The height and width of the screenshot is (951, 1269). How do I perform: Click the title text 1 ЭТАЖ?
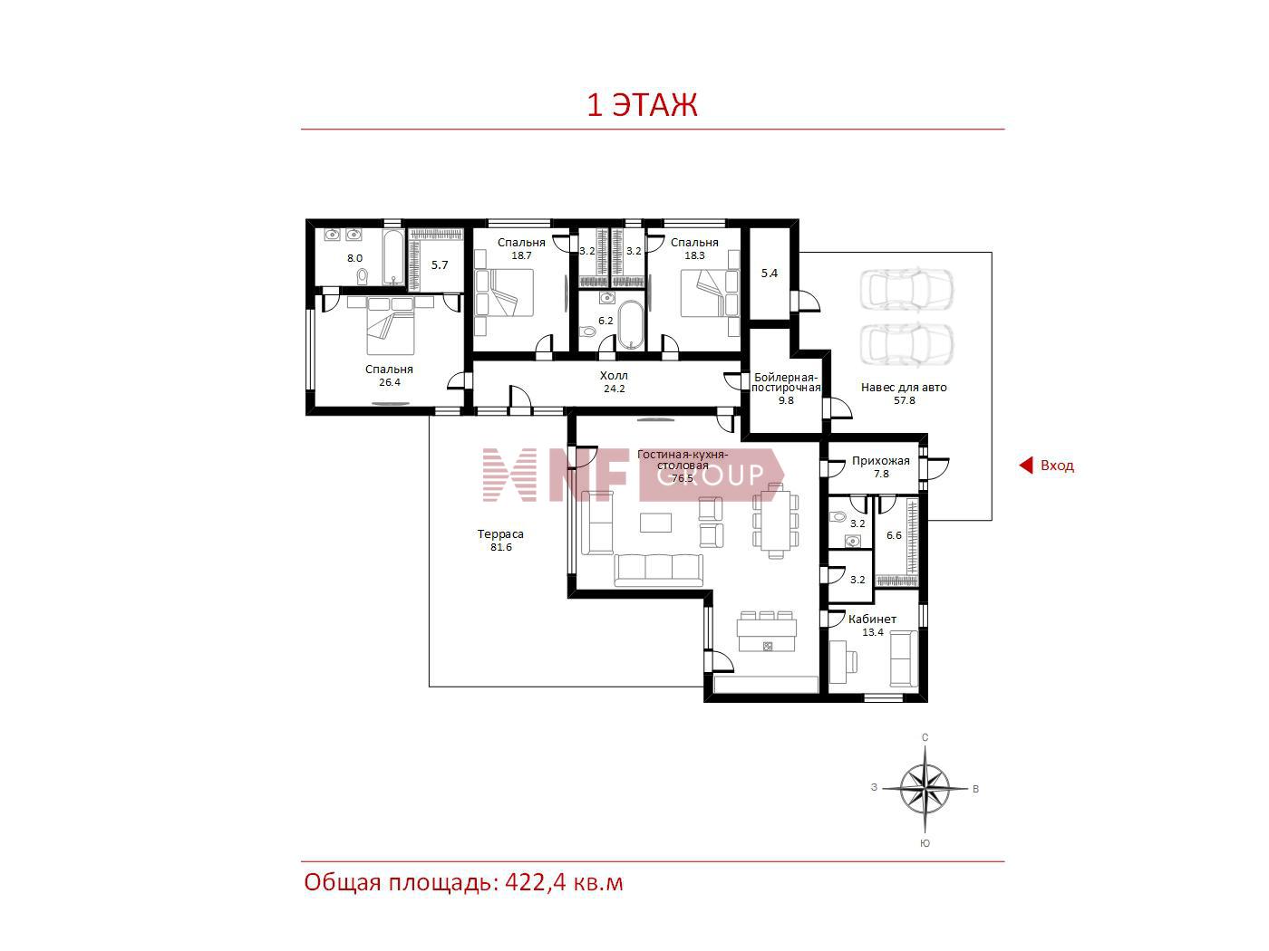pos(642,104)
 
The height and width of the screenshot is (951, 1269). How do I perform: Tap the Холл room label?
pos(614,375)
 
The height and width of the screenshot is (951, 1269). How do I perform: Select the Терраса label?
pos(500,534)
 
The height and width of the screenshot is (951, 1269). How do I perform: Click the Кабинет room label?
pos(872,619)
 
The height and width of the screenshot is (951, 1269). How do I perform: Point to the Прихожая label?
pos(880,461)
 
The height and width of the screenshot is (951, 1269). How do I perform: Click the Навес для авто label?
pos(904,388)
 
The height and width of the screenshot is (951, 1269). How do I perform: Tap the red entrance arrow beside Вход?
pos(1025,466)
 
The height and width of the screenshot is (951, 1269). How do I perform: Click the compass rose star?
pos(925,789)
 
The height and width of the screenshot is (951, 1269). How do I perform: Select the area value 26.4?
pos(389,382)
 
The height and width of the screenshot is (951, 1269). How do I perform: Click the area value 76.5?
pos(683,478)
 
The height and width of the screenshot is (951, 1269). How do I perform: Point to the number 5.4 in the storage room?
pos(769,274)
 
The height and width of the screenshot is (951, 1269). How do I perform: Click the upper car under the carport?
pos(906,290)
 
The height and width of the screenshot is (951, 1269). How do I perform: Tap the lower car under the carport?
pos(906,344)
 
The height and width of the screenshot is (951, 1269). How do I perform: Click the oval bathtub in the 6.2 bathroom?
pos(630,326)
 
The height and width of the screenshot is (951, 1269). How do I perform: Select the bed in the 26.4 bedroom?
pos(391,326)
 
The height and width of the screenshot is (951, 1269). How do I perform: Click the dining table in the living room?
pos(775,520)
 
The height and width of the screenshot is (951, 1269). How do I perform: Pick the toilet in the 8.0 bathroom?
pos(363,277)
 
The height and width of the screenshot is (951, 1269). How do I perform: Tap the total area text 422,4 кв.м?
pos(564,882)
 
